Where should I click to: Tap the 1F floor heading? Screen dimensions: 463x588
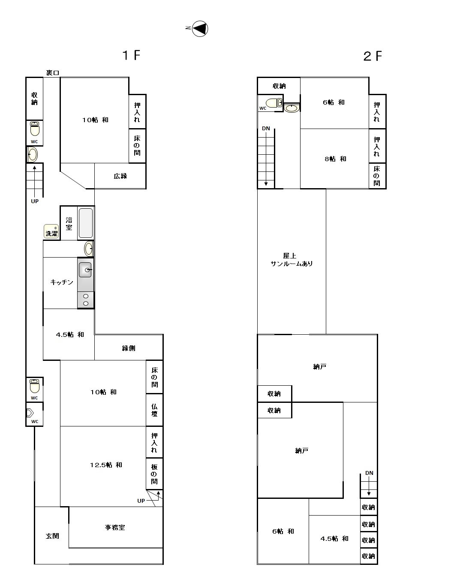point(132,55)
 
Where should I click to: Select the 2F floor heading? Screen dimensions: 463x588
point(373,56)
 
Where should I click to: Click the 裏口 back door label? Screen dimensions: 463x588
point(52,73)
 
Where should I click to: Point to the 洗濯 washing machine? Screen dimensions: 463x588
point(51,231)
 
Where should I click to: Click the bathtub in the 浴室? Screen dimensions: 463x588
point(86,223)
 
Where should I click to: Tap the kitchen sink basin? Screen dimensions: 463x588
point(85,270)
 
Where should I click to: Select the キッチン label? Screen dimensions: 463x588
point(62,282)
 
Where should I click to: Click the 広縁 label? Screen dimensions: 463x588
point(120,176)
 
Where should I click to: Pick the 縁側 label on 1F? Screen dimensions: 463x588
point(129,348)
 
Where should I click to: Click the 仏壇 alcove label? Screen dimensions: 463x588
point(154,411)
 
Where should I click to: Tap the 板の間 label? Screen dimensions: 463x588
point(154,474)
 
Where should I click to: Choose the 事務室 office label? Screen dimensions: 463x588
point(115,527)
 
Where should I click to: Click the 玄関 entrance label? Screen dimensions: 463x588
point(52,536)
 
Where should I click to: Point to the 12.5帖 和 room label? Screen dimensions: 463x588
point(106,465)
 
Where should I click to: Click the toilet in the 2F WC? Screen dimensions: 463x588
point(274,103)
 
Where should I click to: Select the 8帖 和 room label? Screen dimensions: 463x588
point(335,159)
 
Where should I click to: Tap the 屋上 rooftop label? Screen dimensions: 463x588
point(290,256)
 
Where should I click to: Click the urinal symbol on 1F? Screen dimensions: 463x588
point(30,413)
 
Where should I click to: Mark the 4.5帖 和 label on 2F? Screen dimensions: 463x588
point(334,539)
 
